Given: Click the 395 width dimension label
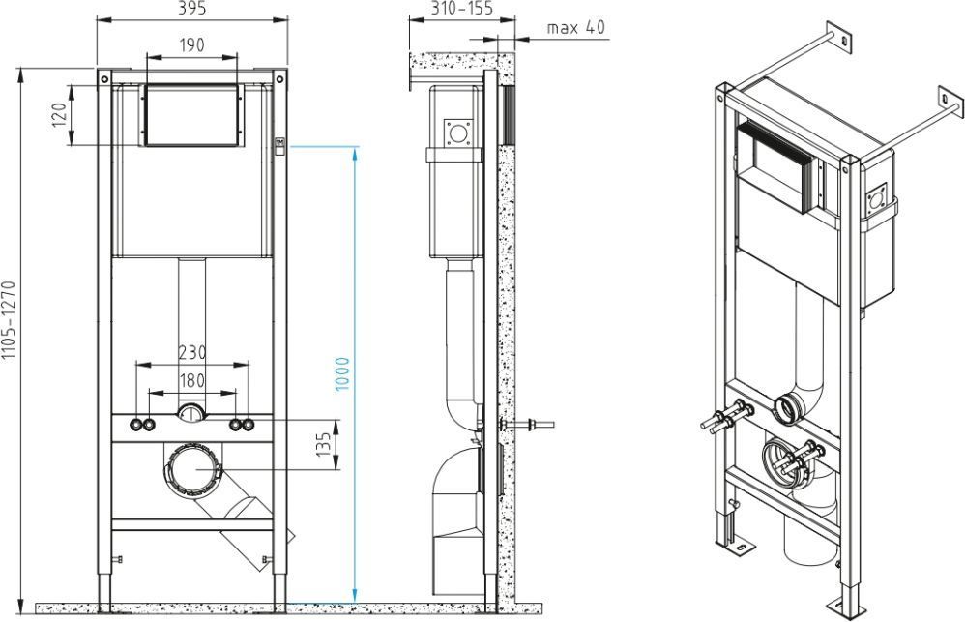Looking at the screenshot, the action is click(x=192, y=9).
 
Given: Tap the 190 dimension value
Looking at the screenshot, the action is click(x=191, y=45).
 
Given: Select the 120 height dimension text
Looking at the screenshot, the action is click(x=59, y=114).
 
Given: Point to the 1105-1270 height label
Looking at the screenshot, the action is click(x=8, y=320).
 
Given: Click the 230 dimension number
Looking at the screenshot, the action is click(x=192, y=353).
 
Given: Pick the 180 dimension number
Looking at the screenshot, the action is click(x=192, y=380).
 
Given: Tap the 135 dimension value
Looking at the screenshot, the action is click(x=324, y=445).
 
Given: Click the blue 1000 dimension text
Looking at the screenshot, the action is click(x=342, y=373).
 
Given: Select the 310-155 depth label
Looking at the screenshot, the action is click(x=461, y=8).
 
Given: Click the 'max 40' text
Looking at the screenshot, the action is click(x=576, y=28).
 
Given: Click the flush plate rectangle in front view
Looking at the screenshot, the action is click(x=191, y=116).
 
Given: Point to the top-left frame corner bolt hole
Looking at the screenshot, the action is click(x=104, y=78).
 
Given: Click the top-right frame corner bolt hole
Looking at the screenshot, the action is click(x=279, y=78).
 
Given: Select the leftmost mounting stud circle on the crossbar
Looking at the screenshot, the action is click(x=135, y=425).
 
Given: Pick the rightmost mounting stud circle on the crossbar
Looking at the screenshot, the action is click(x=249, y=425).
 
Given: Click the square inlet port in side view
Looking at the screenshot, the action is click(x=459, y=133).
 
